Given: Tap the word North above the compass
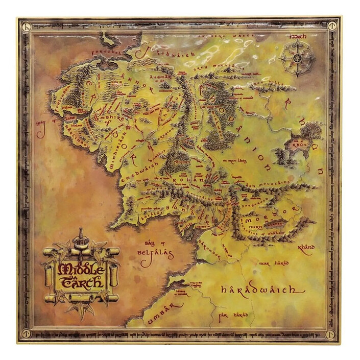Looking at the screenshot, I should pos(298,37).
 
